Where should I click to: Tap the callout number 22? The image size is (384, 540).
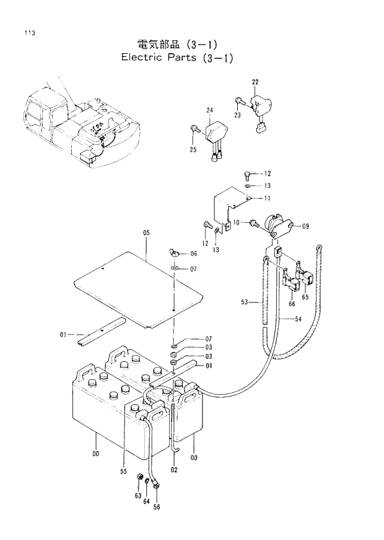[x=255, y=82]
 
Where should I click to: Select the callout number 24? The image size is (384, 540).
[x=210, y=110]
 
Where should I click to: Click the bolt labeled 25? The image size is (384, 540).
[x=194, y=129]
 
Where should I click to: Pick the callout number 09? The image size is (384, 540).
[x=305, y=227]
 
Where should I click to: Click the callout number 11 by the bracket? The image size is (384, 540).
[x=267, y=198]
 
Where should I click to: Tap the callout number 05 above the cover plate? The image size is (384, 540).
[x=147, y=233]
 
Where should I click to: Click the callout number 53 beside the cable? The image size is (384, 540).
[x=245, y=302]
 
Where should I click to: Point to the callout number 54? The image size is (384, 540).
[x=298, y=319]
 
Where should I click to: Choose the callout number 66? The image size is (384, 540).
[x=290, y=304]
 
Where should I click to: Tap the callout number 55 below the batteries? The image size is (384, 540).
[x=123, y=471]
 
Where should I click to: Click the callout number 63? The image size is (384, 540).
[x=137, y=495]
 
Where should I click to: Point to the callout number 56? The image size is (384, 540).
[x=157, y=507]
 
